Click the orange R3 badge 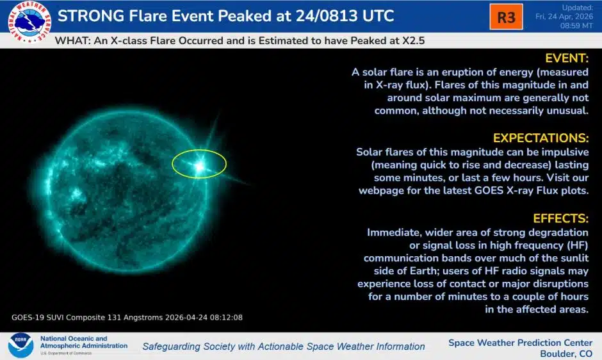tap(506, 17)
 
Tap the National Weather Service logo tap(29, 22)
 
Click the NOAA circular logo tap(20, 345)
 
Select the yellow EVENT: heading tap(567, 58)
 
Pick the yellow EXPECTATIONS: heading tap(541, 138)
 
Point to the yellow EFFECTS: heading tap(560, 218)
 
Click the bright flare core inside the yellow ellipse tap(199, 167)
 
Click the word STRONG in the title tap(90, 16)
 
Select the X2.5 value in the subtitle tap(414, 41)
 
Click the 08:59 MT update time tap(576, 26)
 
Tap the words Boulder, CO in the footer tap(566, 354)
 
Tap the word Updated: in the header tap(578, 8)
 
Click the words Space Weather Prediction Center tap(520, 343)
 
